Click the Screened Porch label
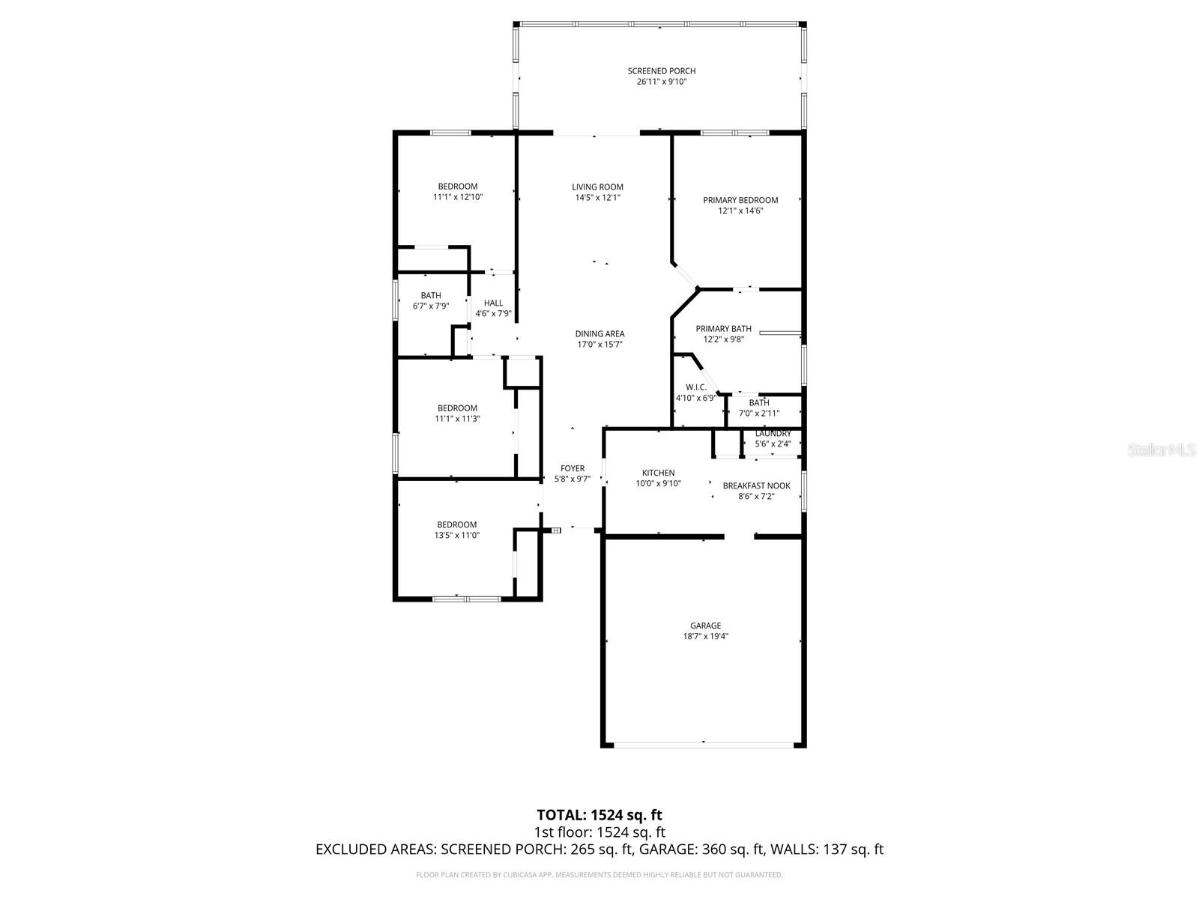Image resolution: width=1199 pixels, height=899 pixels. coord(656,71)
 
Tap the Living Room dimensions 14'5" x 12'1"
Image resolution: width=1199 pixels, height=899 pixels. coord(597,198)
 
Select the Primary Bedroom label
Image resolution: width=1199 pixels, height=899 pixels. coord(740,200)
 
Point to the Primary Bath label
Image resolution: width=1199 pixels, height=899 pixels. coord(723,329)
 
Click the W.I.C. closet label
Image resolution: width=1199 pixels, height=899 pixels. coord(695,387)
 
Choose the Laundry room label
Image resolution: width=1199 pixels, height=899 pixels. coord(773,434)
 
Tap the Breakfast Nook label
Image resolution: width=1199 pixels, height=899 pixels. coord(756,486)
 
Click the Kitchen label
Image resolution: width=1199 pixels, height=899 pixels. coord(658,473)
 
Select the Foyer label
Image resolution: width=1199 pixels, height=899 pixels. coord(573,469)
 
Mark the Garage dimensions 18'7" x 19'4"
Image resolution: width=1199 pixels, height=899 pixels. coord(705,636)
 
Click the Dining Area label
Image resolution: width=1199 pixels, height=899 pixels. coord(599,334)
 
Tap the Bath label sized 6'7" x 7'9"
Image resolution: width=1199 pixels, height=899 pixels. coord(430,296)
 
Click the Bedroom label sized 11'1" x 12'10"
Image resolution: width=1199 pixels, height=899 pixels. coord(457,187)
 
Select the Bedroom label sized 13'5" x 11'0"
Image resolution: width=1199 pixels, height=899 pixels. coord(456,524)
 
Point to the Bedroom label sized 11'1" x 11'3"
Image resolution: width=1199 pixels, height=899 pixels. coord(457,408)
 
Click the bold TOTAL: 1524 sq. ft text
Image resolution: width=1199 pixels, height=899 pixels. coord(599,814)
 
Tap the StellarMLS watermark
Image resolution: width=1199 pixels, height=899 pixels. coord(1165,449)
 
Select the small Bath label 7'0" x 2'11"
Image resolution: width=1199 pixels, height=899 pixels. coord(758,403)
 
